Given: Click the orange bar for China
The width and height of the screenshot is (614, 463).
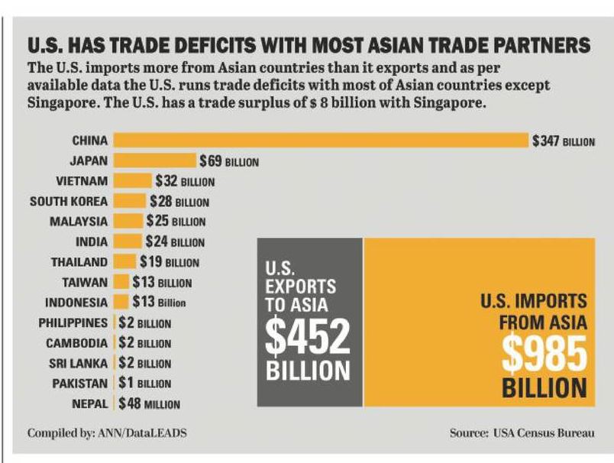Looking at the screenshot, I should click(321, 141).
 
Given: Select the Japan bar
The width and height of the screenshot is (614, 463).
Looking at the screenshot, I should click(155, 160).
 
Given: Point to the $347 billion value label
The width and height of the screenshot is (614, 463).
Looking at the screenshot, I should click(564, 141).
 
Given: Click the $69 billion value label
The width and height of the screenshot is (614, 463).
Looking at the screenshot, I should click(229, 162).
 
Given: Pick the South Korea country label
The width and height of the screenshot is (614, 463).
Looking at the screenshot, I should click(69, 202).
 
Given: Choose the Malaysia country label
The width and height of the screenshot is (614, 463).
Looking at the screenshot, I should click(79, 222).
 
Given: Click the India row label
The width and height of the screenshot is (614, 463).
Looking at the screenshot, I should click(92, 241).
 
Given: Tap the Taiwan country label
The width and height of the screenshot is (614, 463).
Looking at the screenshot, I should click(85, 282).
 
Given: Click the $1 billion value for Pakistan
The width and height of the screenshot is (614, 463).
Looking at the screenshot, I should click(144, 382).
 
